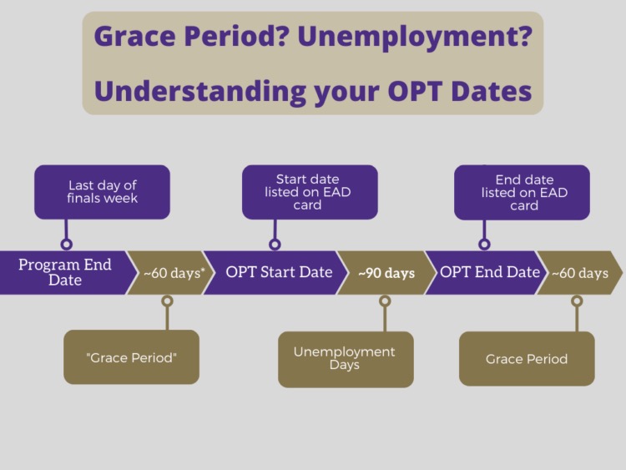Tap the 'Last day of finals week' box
point(102,192)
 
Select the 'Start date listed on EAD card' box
point(310,192)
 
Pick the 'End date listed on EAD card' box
point(522,193)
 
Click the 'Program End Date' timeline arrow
point(64,273)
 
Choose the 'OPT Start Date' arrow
point(275,273)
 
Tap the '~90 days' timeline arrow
point(386,273)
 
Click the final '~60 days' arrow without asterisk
point(580,273)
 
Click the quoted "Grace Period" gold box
point(131,357)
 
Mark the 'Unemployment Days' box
point(346,360)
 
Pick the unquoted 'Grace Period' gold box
point(527,359)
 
